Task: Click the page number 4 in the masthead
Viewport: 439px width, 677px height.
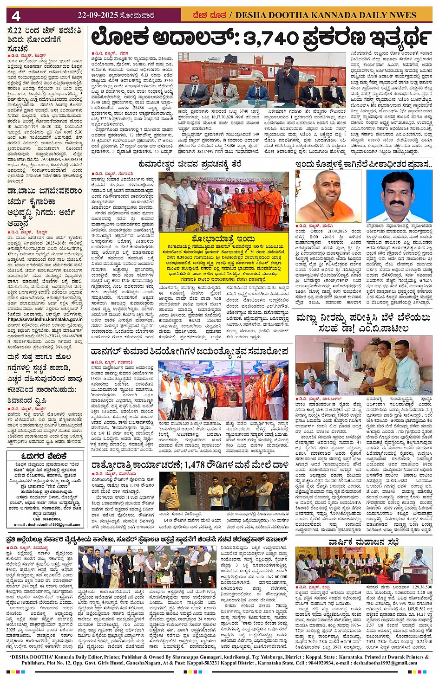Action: [x=16, y=16]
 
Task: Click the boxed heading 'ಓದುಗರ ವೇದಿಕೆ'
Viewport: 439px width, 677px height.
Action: [x=45, y=456]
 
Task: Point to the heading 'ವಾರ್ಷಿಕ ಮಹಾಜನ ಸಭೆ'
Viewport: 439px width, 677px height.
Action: [x=363, y=542]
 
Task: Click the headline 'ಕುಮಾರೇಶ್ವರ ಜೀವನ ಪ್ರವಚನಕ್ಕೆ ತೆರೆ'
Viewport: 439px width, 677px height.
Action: [x=190, y=164]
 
